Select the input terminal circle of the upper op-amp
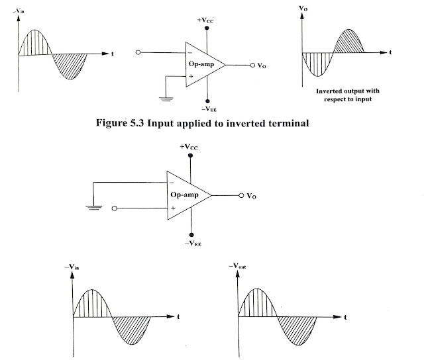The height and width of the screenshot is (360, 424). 138,52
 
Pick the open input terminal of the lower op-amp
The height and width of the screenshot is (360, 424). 115,208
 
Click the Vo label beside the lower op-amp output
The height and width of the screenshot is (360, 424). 251,196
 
